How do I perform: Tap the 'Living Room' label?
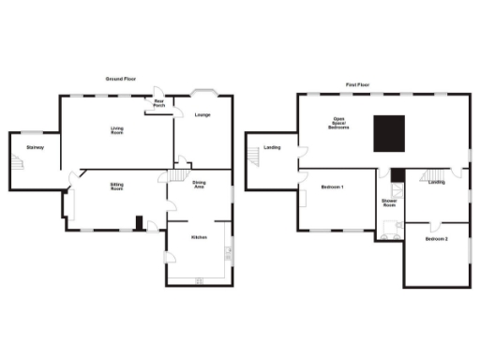click(117, 132)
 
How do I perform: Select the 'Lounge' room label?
click(202, 115)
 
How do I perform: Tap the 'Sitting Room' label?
click(117, 187)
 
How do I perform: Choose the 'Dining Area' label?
click(200, 185)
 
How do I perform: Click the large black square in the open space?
click(389, 133)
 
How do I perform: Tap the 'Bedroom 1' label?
click(332, 187)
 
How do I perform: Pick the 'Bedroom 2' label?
click(435, 240)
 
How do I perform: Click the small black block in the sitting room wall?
click(139, 223)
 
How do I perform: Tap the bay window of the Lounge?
click(203, 92)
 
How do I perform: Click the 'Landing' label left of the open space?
click(273, 147)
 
